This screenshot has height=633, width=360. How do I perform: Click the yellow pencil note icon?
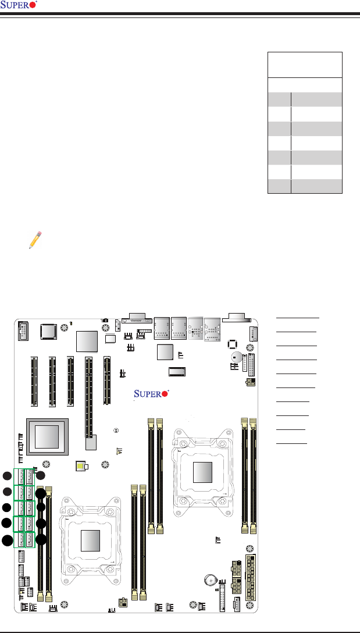click(x=35, y=239)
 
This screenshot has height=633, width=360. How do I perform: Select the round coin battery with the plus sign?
click(x=212, y=580)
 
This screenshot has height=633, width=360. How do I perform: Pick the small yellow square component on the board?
click(x=80, y=466)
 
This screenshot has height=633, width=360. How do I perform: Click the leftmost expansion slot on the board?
click(x=32, y=380)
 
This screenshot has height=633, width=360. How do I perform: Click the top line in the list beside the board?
click(x=298, y=318)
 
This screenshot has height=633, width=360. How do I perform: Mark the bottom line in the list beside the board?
click(x=291, y=443)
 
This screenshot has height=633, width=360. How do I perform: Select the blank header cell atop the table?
click(x=305, y=65)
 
